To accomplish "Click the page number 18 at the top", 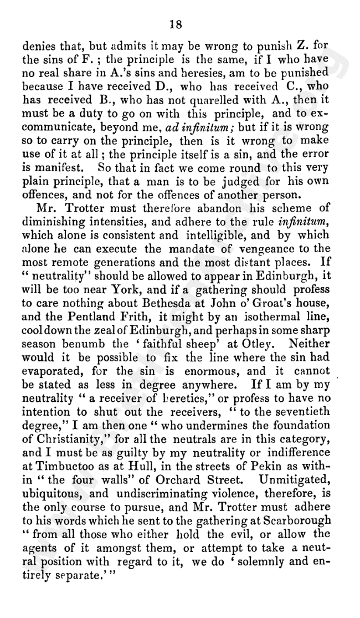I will (x=181, y=24).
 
